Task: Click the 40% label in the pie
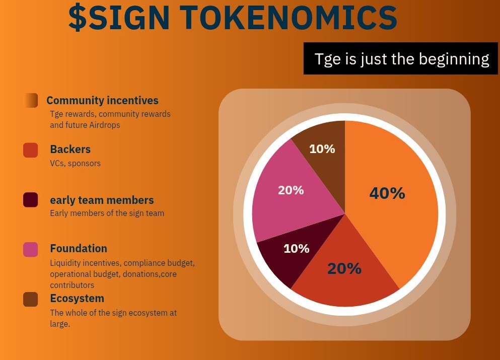387,193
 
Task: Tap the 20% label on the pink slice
291,190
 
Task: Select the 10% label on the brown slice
322,149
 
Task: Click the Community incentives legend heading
102,101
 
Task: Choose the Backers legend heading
70,150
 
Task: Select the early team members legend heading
102,200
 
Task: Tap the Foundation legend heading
79,249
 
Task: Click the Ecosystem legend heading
77,299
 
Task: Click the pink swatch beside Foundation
31,249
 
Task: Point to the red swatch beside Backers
31,150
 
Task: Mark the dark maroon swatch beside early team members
31,200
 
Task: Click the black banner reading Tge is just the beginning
401,59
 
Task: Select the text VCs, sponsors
75,164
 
